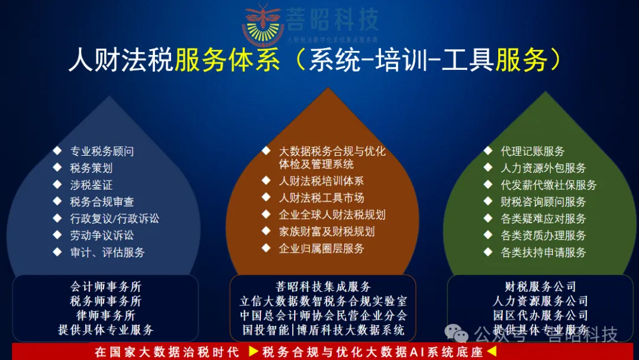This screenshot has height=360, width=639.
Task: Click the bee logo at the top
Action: (263, 25)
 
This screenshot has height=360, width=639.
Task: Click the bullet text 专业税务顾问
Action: (102, 152)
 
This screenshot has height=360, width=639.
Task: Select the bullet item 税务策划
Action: (91, 168)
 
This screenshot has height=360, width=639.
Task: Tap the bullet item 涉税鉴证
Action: (91, 185)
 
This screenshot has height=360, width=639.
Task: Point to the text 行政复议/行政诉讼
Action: (114, 218)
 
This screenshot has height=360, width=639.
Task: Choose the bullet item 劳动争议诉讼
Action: (102, 236)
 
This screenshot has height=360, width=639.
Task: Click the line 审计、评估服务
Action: (107, 252)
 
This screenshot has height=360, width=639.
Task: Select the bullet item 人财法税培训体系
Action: (321, 181)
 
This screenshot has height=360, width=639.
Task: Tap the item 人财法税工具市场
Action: (321, 198)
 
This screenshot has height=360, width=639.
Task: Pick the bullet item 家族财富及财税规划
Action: (327, 232)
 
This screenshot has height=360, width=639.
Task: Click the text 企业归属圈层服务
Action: (321, 249)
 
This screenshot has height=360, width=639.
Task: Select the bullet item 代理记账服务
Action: (532, 152)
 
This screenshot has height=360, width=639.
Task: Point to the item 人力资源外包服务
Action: (543, 168)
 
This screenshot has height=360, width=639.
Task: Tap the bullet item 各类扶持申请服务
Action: (543, 252)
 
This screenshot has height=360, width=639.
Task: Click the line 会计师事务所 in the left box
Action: (106, 287)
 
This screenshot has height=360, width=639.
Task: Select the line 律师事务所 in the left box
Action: (106, 316)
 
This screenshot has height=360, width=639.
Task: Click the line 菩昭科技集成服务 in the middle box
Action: (323, 287)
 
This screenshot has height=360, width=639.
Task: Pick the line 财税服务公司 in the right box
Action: (540, 287)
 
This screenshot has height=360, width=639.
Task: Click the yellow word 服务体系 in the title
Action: (227, 60)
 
